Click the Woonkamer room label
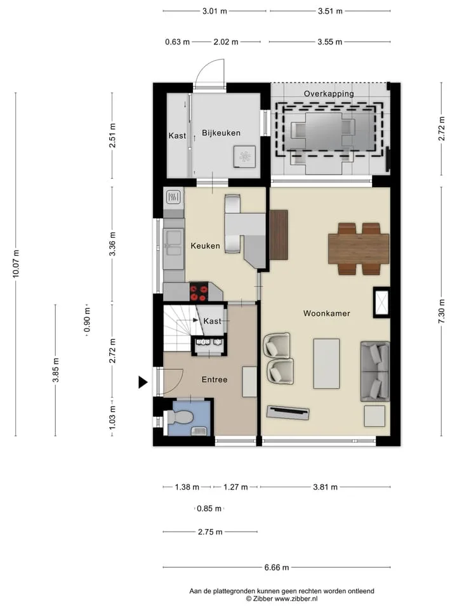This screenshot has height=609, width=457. tap(326, 313)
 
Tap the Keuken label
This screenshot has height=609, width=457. tap(205, 246)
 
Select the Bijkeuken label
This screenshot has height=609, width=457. tap(221, 133)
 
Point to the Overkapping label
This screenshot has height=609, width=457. tap(329, 94)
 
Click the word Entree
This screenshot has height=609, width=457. tap(215, 379)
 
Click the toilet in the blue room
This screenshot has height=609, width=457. tap(179, 418)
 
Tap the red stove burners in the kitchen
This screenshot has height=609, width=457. tap(198, 292)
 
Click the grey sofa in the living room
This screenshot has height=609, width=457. tap(375, 371)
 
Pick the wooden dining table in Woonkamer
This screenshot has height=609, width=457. tap(359, 249)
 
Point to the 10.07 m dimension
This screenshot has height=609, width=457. tap(15, 264)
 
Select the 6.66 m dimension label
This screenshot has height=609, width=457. tap(277, 567)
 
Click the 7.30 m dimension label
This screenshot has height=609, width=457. tap(442, 311)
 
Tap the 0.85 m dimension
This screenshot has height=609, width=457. tap(209, 508)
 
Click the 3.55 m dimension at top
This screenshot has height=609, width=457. tap(329, 42)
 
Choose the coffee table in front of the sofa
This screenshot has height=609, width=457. tap(326, 363)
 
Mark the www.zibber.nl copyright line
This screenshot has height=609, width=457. tap(282, 599)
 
